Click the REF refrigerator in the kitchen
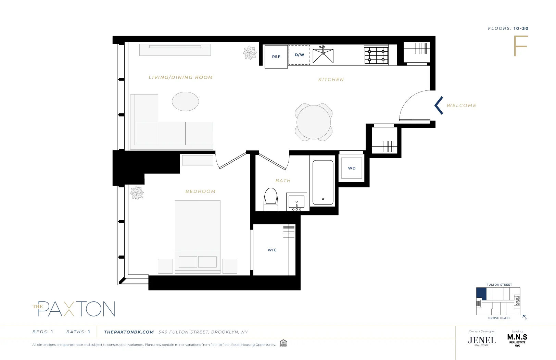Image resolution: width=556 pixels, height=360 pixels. tap(276, 57)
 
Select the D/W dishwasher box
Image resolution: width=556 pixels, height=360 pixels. tap(299, 55)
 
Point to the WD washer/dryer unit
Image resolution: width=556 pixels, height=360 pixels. tap(352, 168)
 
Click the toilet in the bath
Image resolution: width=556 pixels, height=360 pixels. tap(270, 199)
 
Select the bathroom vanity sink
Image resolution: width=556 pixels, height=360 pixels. tap(296, 202)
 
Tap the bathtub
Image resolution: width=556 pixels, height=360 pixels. tap(323, 183)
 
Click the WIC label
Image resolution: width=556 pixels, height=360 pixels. tap(272, 250)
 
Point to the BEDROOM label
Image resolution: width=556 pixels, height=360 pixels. tap(201, 191)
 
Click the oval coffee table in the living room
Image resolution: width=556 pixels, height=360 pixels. tap(185, 101)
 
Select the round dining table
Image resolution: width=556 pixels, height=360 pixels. tap(314, 122)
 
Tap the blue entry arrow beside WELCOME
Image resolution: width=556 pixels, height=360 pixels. tap(439, 105)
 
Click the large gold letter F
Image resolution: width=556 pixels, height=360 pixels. tap(520, 46)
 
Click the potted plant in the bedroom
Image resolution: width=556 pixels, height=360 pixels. tap(137, 193)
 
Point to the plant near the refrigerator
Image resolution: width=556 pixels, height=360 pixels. tap(250, 53)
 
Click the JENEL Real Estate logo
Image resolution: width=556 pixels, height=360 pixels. tap(481, 340)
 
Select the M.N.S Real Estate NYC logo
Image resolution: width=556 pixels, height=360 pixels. tap(517, 340)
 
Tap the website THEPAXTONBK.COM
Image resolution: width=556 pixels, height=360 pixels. tap(129, 332)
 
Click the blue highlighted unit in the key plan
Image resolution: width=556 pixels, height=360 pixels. tap(481, 293)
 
